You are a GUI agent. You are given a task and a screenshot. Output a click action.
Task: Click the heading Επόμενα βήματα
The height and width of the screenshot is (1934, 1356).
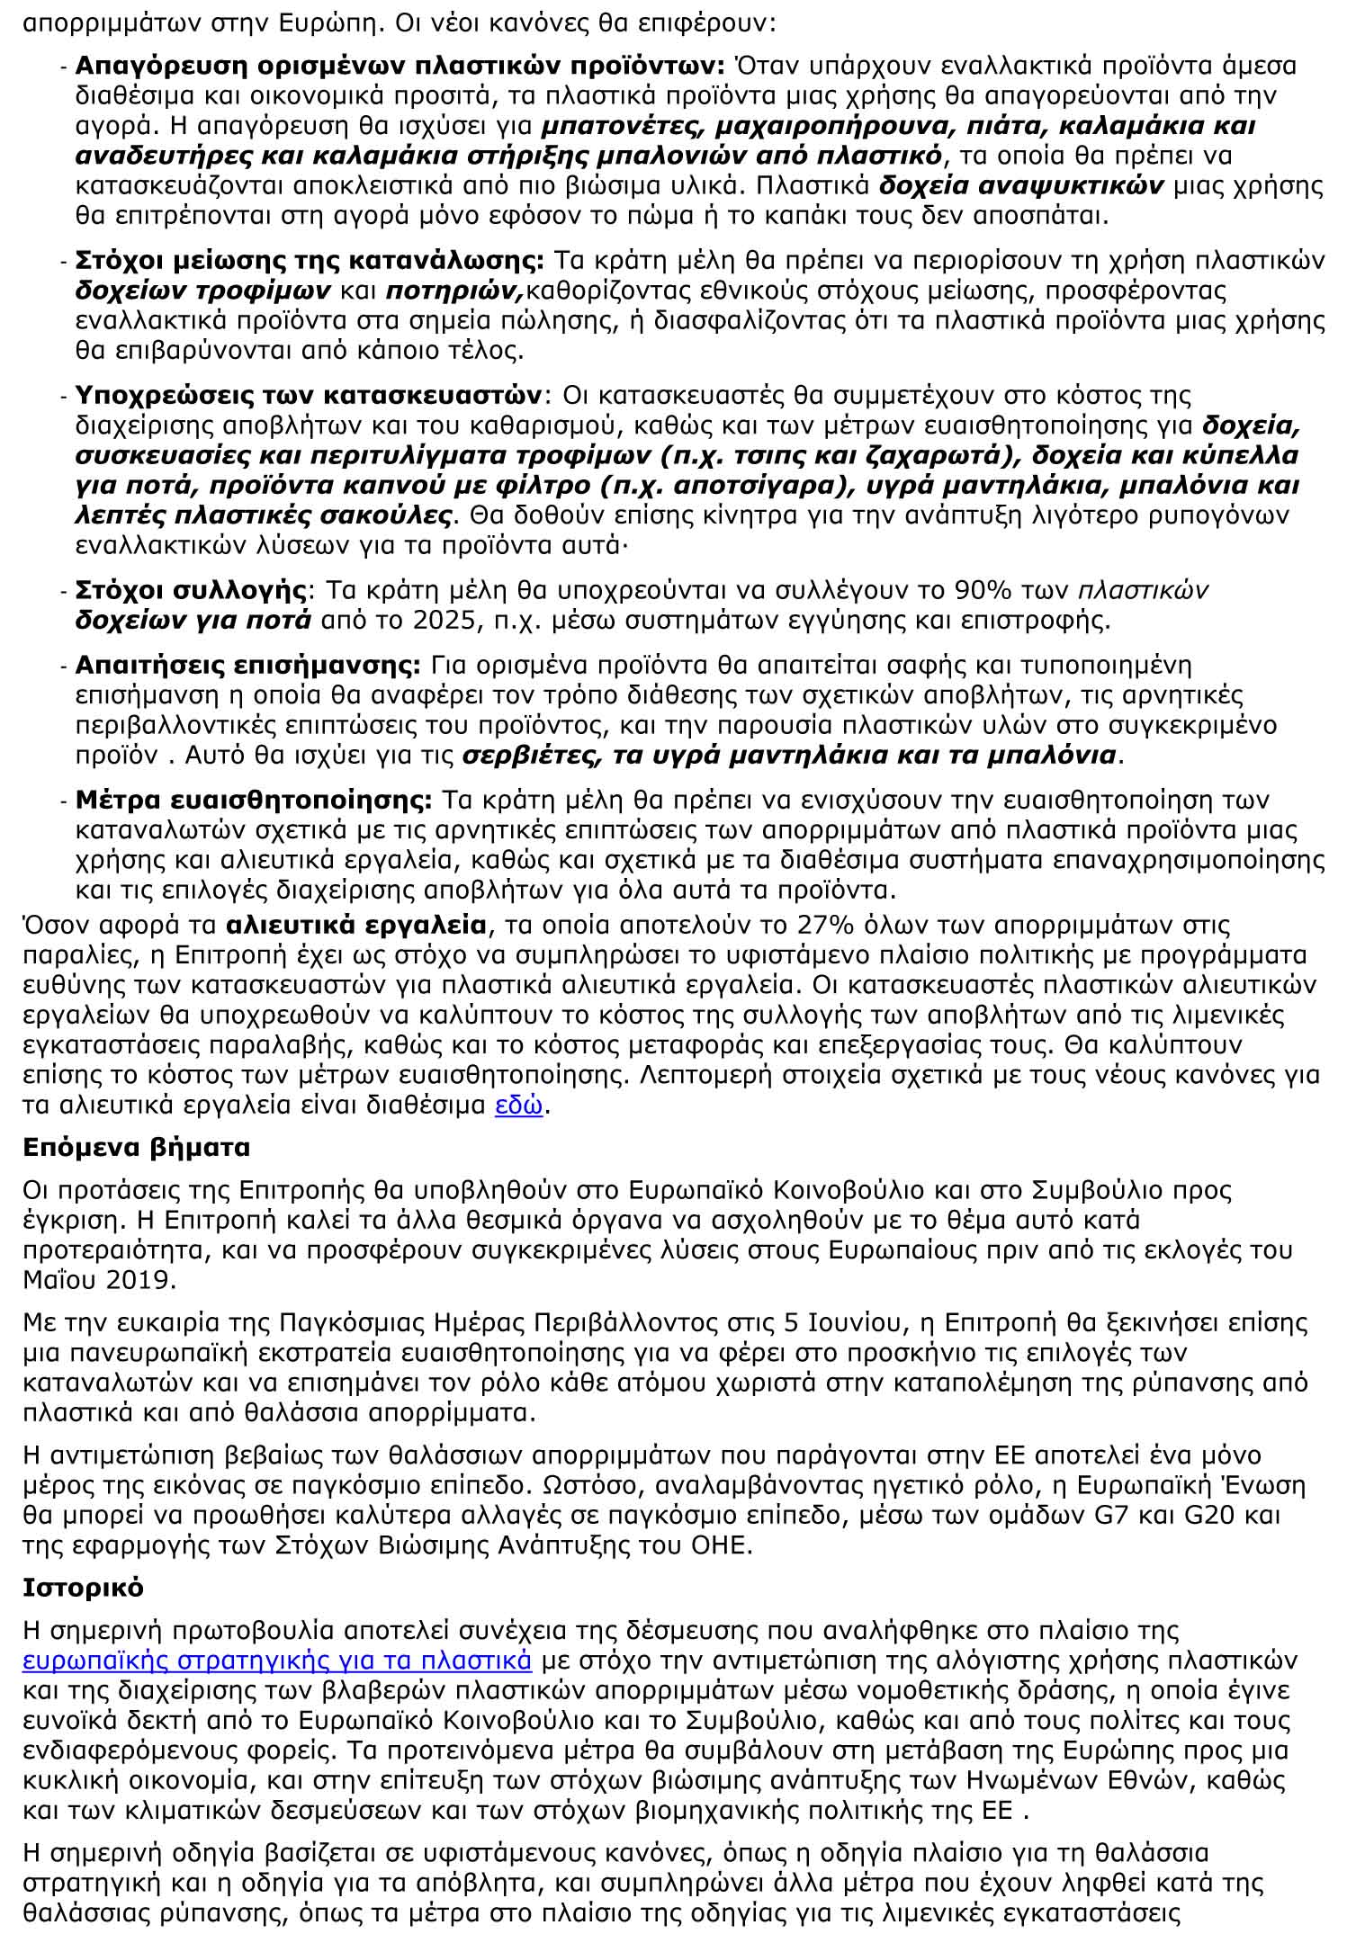click(137, 1149)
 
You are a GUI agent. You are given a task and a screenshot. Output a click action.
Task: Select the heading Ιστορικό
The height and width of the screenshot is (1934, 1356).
click(83, 1587)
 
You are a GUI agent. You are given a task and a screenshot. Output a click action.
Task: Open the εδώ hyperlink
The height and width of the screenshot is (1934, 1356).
click(519, 1105)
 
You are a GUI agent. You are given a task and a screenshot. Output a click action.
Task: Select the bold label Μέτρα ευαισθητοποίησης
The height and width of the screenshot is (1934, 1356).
click(254, 800)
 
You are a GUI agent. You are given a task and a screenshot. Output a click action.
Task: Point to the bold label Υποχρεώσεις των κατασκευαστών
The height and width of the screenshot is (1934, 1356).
click(309, 396)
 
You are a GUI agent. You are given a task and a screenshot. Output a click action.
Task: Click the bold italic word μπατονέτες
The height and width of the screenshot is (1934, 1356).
click(618, 127)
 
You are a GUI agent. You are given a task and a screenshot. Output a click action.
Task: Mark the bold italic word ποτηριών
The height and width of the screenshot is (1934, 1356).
click(454, 291)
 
